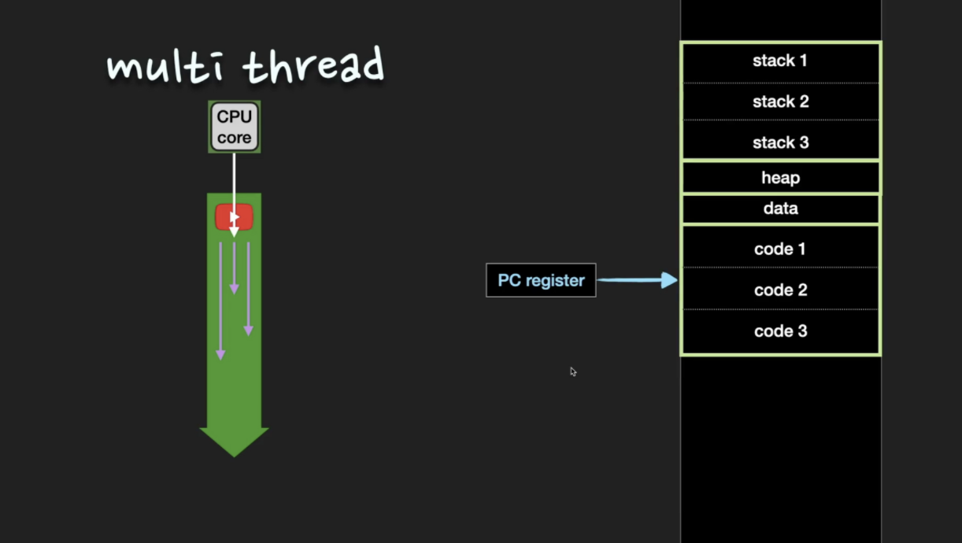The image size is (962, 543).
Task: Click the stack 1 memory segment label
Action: click(x=779, y=61)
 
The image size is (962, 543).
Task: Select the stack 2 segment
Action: click(x=779, y=102)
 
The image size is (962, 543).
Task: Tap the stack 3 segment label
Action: click(x=779, y=143)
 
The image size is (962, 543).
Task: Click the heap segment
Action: click(x=779, y=178)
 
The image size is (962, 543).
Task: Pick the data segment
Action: click(x=779, y=209)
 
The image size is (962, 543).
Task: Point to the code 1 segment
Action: click(x=779, y=249)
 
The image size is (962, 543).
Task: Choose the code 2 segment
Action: click(x=779, y=290)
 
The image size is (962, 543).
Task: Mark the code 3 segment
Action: click(x=779, y=331)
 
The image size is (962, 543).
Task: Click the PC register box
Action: click(x=541, y=280)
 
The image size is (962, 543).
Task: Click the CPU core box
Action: click(x=235, y=127)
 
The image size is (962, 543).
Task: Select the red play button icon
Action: click(x=235, y=216)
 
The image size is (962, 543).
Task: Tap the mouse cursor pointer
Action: click(x=572, y=371)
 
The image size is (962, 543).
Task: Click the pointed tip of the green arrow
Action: click(x=234, y=453)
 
